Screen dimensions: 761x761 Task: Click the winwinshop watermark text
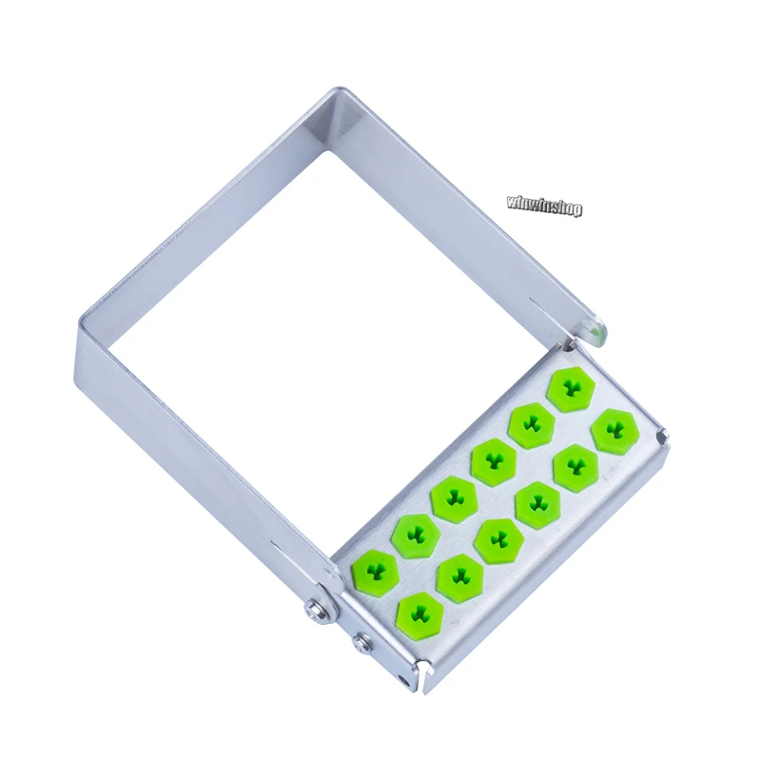point(544,205)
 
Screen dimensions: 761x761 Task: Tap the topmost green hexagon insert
point(572,389)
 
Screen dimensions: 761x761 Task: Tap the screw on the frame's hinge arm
point(315,610)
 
